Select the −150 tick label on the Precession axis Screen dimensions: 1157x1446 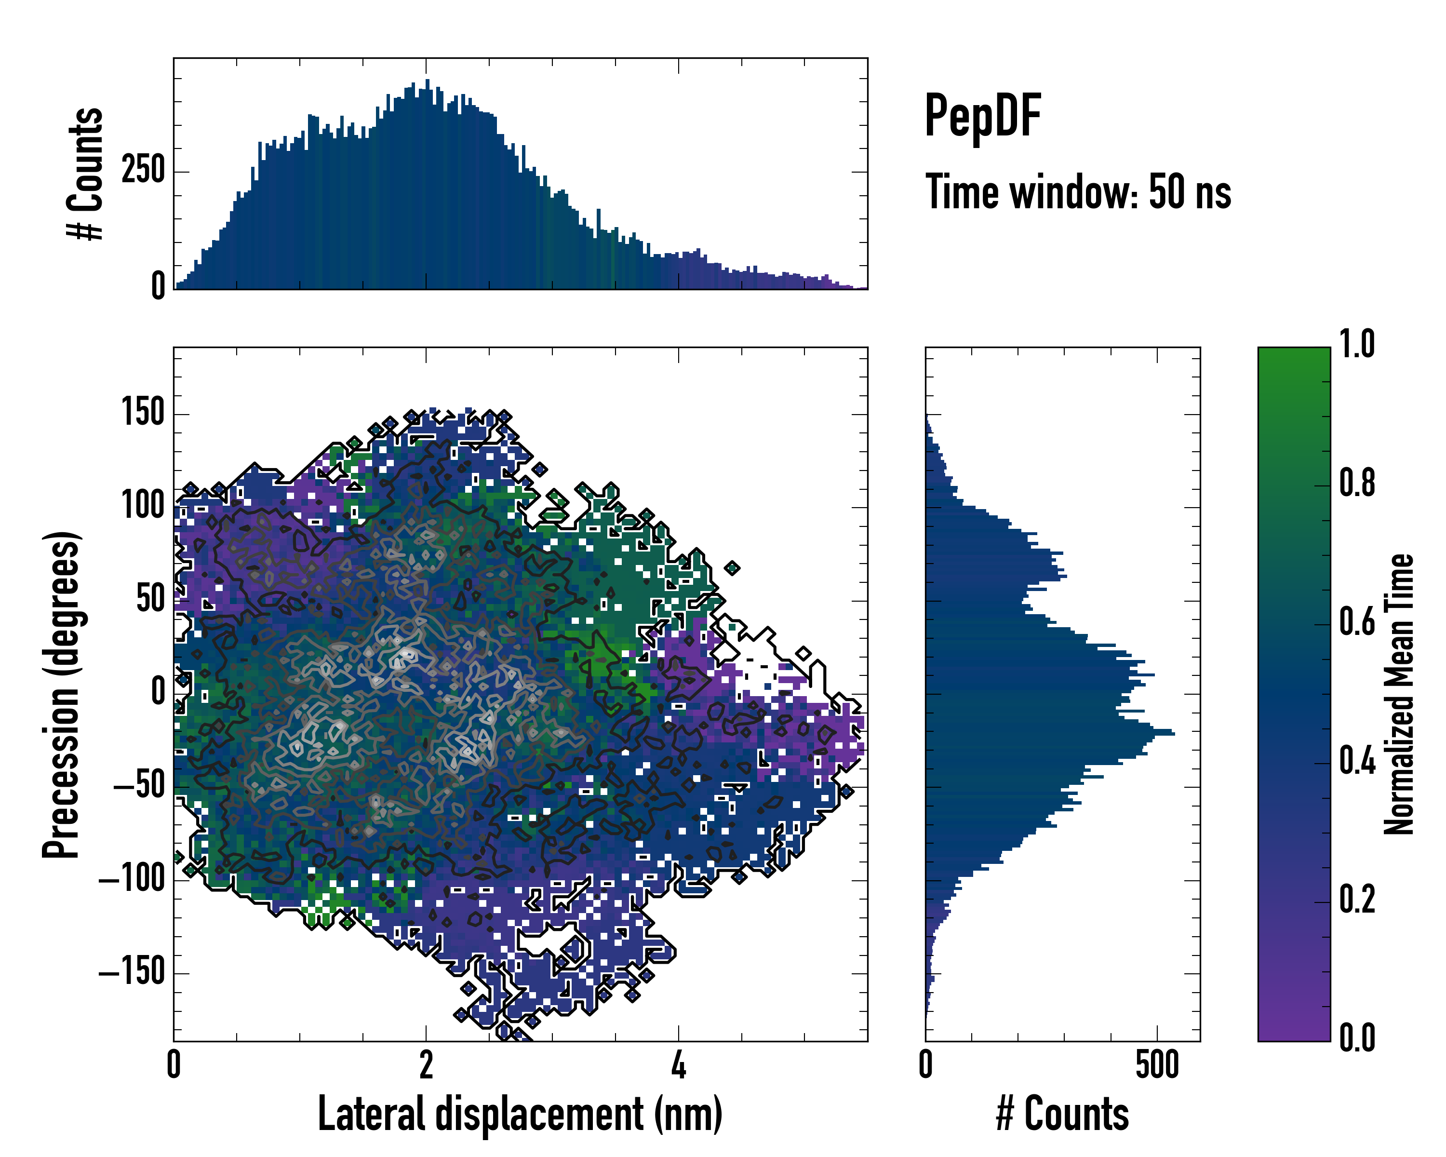132,971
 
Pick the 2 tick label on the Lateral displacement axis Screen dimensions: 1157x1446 426,1065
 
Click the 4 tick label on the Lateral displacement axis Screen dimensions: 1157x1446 678,1065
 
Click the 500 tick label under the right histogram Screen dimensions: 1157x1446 1157,1065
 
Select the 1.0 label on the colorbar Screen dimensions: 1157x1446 1357,344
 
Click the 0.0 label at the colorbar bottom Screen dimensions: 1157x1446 1357,1037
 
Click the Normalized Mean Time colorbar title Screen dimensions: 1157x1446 1399,694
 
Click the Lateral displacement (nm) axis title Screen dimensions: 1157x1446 520,1114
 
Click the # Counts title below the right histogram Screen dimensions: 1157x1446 1062,1114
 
